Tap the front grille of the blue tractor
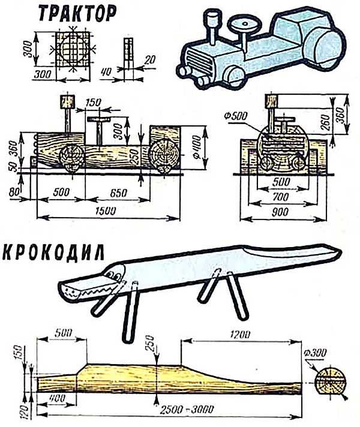pyautogui.click(x=196, y=61)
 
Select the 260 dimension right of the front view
pyautogui.click(x=325, y=122)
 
